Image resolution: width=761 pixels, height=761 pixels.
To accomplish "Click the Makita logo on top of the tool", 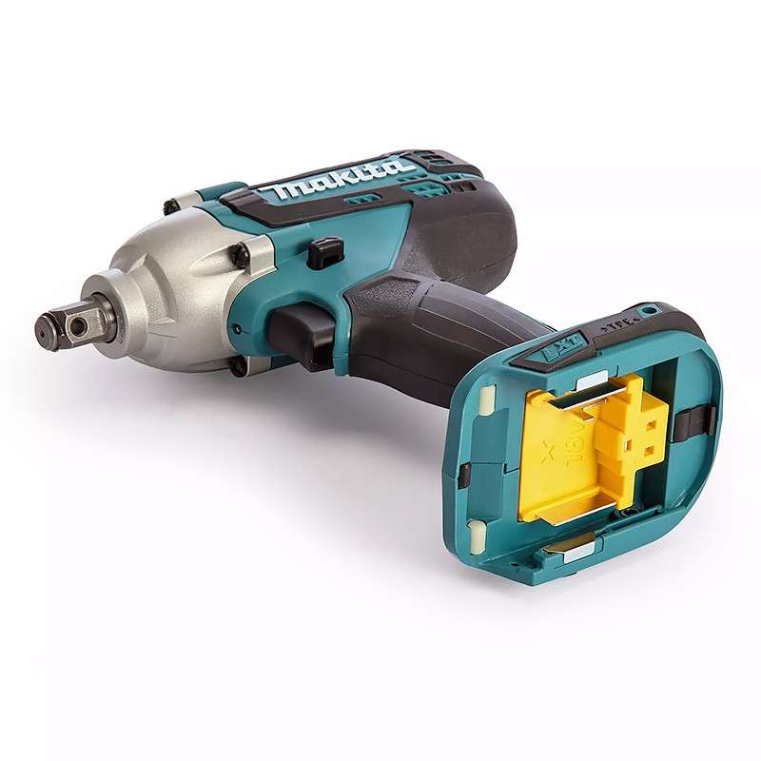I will (342, 180).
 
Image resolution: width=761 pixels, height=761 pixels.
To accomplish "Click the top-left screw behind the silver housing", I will (170, 206).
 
